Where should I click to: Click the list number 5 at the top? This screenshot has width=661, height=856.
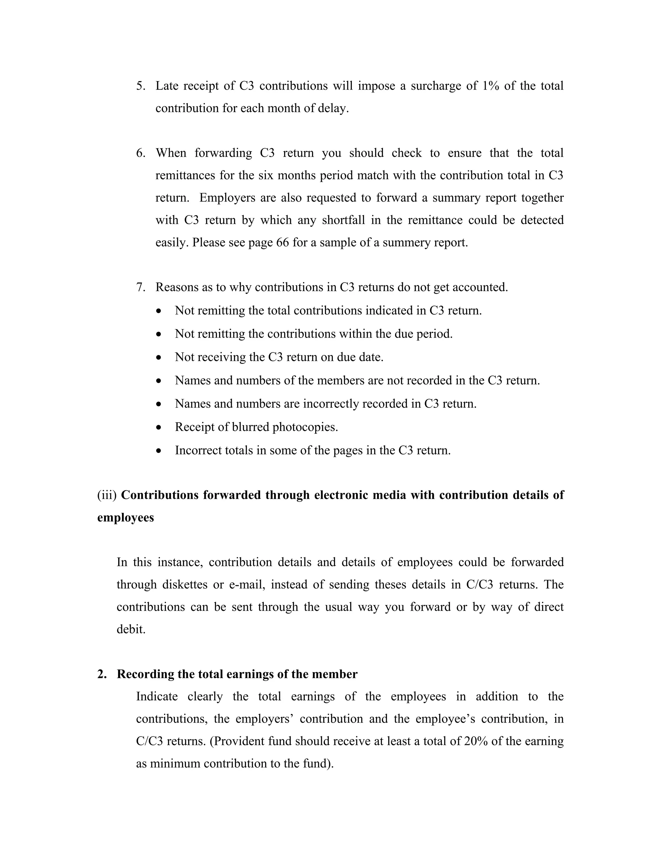pyautogui.click(x=140, y=86)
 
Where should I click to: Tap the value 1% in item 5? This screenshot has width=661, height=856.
pyautogui.click(x=490, y=86)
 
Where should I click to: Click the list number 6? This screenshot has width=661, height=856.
pyautogui.click(x=140, y=153)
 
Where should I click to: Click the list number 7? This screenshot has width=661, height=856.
pyautogui.click(x=140, y=287)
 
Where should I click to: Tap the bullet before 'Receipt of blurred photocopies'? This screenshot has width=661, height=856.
pyautogui.click(x=158, y=428)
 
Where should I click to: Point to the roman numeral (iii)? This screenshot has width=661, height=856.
pyautogui.click(x=107, y=496)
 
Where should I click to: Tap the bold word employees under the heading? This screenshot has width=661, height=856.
pyautogui.click(x=125, y=518)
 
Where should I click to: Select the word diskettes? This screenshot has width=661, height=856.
pyautogui.click(x=184, y=585)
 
